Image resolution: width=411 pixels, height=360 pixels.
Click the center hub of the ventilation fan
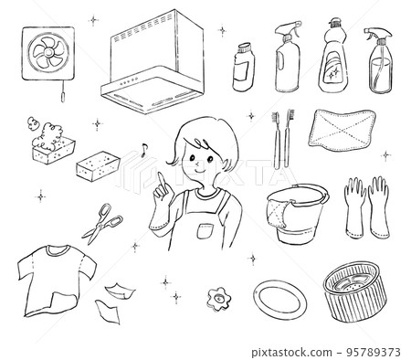point(48,53)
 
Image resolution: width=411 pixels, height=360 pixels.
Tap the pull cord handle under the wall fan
point(63,97)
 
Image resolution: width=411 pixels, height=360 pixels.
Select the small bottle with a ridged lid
point(244,67)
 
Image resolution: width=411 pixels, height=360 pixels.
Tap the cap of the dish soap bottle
point(334,23)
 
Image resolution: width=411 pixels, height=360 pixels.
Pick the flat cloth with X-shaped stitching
point(342,130)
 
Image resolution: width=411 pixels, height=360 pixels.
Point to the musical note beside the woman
point(143,150)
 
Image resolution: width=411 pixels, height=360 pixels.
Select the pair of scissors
point(102,224)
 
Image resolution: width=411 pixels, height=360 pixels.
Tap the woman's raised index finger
point(160,180)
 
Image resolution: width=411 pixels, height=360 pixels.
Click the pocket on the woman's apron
point(205,231)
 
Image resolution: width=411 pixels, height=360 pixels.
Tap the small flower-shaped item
point(219,298)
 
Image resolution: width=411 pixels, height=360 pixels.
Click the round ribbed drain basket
point(354,291)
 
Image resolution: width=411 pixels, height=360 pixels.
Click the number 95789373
point(374,353)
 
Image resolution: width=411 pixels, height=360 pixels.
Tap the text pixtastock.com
point(291,353)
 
